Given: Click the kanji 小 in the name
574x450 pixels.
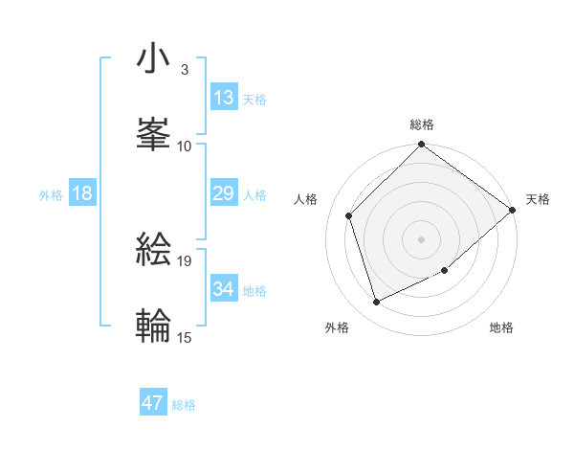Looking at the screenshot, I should (x=154, y=59).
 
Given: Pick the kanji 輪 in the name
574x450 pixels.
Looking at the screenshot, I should (x=154, y=325).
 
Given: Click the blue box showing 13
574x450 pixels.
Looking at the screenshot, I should (x=224, y=98).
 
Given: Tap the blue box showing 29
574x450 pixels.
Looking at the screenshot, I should (x=224, y=194).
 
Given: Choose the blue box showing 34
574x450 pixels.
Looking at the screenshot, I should (x=224, y=289).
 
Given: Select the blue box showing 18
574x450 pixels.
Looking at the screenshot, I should (x=82, y=194).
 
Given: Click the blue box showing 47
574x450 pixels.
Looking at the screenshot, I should (x=153, y=403).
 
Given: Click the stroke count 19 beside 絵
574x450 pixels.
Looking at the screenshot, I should (x=185, y=259).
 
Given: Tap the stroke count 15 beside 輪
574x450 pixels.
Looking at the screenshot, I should (x=185, y=336).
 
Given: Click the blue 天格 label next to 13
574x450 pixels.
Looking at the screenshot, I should (x=254, y=100).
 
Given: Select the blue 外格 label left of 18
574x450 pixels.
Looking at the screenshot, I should (x=51, y=195).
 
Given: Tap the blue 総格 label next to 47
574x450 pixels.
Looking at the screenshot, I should (x=184, y=405).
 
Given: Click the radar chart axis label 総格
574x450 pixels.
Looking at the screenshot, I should (x=422, y=124).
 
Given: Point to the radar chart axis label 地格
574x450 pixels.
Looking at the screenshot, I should (x=501, y=328).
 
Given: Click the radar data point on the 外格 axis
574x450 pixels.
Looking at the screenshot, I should (x=377, y=303).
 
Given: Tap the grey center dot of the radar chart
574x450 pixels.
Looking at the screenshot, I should (x=422, y=239).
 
